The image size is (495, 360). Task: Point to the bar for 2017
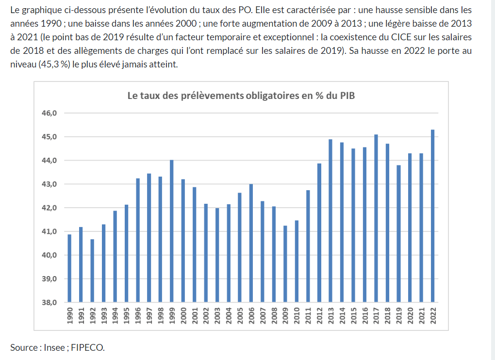point(376,218)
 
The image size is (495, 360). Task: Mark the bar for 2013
point(330,221)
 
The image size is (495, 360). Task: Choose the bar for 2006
point(251,243)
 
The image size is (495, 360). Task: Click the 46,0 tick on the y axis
point(50,113)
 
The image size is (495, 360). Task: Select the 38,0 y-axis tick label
point(50,302)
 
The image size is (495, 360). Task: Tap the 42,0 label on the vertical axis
point(50,208)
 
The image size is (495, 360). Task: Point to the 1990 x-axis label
point(69,315)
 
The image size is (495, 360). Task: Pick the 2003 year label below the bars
point(217,315)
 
